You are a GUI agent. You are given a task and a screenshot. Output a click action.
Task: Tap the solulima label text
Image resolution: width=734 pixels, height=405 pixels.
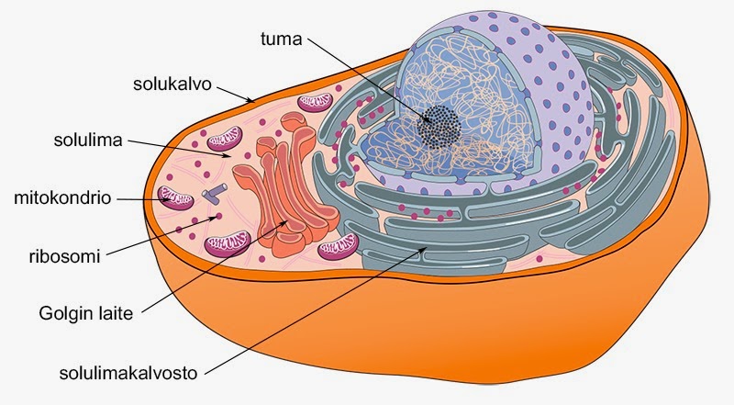(90, 142)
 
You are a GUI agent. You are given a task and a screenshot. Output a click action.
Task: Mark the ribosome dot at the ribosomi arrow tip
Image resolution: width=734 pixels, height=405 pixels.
(218, 217)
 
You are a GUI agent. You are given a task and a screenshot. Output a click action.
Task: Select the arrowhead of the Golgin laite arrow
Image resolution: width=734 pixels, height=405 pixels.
(285, 225)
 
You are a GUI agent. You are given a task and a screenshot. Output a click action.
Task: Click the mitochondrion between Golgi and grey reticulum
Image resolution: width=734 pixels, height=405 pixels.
(337, 249)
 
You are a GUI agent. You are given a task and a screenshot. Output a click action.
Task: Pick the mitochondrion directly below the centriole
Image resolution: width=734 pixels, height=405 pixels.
(226, 243)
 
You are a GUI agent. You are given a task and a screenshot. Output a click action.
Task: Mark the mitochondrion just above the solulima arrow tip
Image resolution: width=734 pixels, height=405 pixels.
(225, 140)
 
